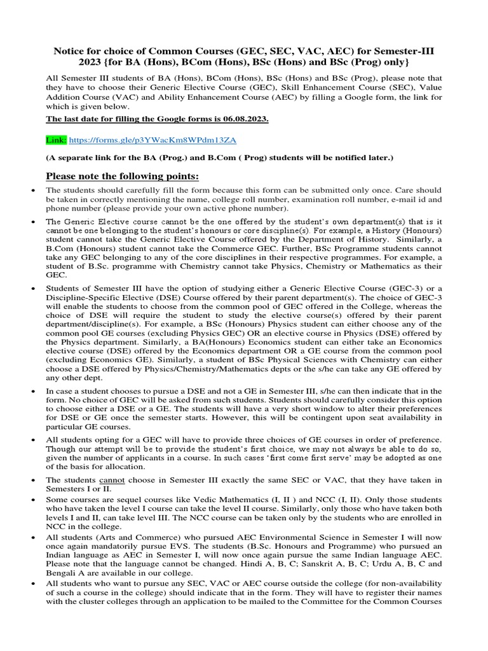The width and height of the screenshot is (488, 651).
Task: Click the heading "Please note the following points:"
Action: (123, 175)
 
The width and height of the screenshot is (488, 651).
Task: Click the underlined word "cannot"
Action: (103, 480)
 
